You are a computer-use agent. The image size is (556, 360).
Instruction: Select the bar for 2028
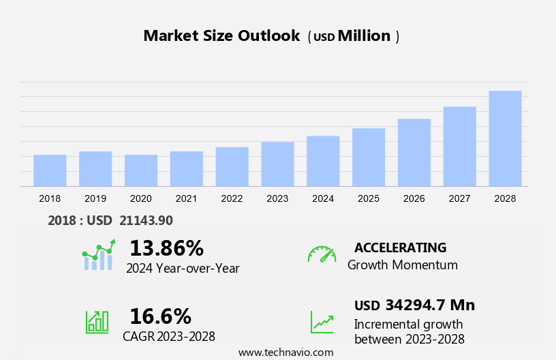pyautogui.click(x=505, y=138)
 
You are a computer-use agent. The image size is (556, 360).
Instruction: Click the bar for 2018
pyautogui.click(x=50, y=170)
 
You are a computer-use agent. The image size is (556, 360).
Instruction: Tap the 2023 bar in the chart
pyautogui.click(x=277, y=164)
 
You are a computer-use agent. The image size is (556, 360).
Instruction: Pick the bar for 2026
pyautogui.click(x=414, y=152)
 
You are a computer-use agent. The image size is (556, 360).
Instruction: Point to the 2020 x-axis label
pyautogui.click(x=140, y=198)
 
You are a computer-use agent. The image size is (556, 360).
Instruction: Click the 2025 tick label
pyautogui.click(x=369, y=198)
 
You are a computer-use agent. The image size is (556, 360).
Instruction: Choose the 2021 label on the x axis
pyautogui.click(x=186, y=198)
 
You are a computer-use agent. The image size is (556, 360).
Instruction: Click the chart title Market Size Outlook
pyautogui.click(x=221, y=36)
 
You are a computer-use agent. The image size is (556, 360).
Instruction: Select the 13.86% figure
pyautogui.click(x=166, y=247)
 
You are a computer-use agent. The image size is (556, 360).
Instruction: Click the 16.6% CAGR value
pyautogui.click(x=160, y=316)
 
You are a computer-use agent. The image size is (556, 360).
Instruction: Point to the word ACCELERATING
pyautogui.click(x=400, y=247)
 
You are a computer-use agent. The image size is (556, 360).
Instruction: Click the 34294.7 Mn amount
pyautogui.click(x=430, y=305)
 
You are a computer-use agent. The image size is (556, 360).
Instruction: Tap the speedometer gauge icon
pyautogui.click(x=322, y=254)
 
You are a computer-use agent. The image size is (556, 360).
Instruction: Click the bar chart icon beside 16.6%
pyautogui.click(x=97, y=321)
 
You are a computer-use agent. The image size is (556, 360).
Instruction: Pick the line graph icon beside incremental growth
pyautogui.click(x=322, y=321)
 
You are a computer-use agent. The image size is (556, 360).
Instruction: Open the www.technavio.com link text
pyautogui.click(x=285, y=352)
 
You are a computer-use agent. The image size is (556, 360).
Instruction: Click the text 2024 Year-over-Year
pyautogui.click(x=183, y=269)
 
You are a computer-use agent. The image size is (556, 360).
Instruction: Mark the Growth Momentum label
pyautogui.click(x=402, y=265)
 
